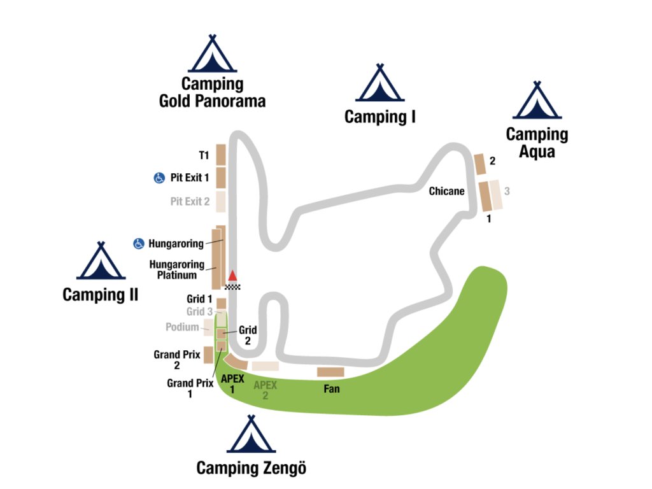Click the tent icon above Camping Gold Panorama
[213, 55]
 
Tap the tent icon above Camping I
[379, 84]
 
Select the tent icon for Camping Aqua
[537, 101]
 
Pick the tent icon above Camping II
[101, 262]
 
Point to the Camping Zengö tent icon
[251, 435]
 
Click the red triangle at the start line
[233, 276]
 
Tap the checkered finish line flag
[233, 286]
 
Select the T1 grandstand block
[221, 155]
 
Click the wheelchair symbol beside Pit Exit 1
[159, 178]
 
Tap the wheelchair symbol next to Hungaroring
[138, 243]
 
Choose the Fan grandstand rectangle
[330, 372]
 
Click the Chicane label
[446, 191]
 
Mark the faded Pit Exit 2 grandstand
[220, 201]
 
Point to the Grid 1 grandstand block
[222, 303]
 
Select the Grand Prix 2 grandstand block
[208, 354]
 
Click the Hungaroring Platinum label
[177, 270]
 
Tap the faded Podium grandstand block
[208, 327]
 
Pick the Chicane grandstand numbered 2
[479, 164]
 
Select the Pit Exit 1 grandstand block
[221, 177]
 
